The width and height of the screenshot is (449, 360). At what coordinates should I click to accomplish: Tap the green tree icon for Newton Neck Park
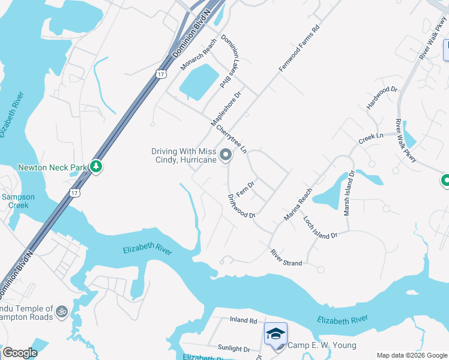pyautogui.click(x=95, y=166)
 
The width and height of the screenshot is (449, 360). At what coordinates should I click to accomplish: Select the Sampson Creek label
pyautogui.click(x=18, y=201)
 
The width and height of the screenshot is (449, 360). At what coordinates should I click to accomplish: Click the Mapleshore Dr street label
pyautogui.click(x=226, y=108)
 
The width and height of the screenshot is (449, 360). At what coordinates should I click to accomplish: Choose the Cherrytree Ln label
pyautogui.click(x=232, y=139)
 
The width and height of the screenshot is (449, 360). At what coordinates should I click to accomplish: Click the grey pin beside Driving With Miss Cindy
pyautogui.click(x=226, y=155)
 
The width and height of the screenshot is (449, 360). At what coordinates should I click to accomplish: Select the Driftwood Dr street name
pyautogui.click(x=242, y=206)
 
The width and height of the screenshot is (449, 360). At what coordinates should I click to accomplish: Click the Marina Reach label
pyautogui.click(x=298, y=204)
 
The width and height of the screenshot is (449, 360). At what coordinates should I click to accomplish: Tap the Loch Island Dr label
pyautogui.click(x=320, y=228)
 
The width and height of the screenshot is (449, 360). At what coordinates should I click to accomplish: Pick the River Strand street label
pyautogui.click(x=286, y=257)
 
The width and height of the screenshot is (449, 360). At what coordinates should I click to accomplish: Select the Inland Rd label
pyautogui.click(x=243, y=320)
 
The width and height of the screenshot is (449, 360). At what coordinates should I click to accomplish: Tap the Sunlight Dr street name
pyautogui.click(x=234, y=349)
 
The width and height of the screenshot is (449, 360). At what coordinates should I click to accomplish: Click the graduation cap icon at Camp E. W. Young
pyautogui.click(x=276, y=334)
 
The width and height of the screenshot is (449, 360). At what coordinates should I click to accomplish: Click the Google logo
pyautogui.click(x=20, y=353)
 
